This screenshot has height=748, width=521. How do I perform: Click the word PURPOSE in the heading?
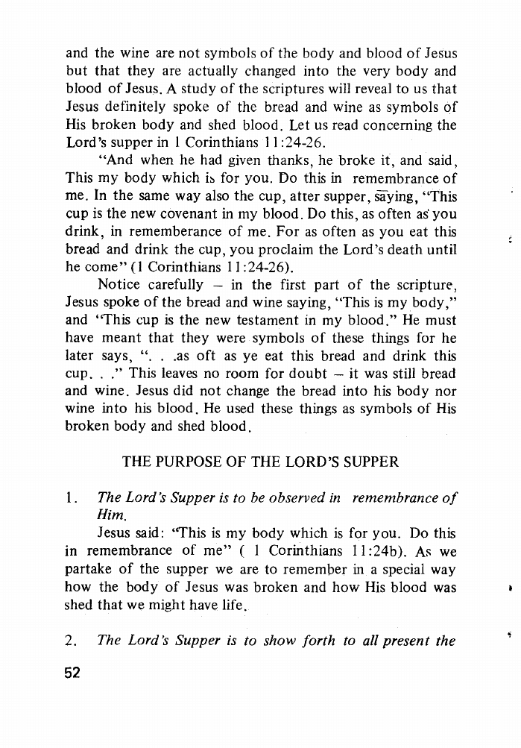tap(189, 462)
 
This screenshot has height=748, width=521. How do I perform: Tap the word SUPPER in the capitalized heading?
tap(369, 462)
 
